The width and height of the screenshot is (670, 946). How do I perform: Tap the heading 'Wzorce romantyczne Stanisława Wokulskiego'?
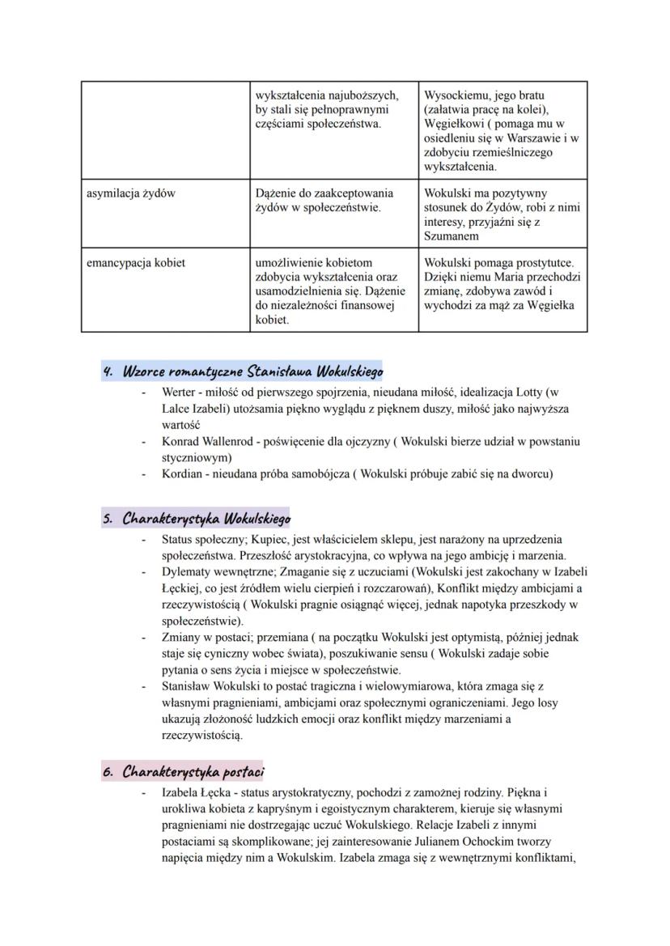tap(252, 371)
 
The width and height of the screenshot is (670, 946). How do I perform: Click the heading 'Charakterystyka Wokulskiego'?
tap(206, 519)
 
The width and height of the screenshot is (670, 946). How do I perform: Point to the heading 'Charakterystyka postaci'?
tap(194, 771)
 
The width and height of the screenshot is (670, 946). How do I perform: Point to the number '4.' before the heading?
tap(108, 371)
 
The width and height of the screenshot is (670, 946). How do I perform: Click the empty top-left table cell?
tap(165, 129)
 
